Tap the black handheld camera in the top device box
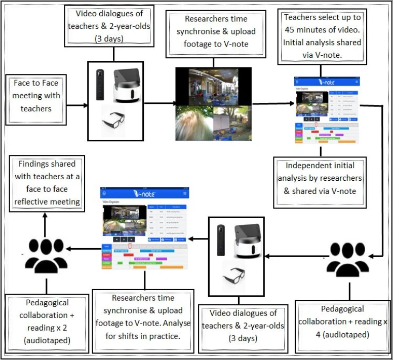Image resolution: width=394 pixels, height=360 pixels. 100,85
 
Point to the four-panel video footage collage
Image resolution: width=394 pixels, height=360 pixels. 213,103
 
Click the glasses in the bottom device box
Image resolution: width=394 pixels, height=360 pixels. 233,274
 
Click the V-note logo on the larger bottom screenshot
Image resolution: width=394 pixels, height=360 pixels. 144,193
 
